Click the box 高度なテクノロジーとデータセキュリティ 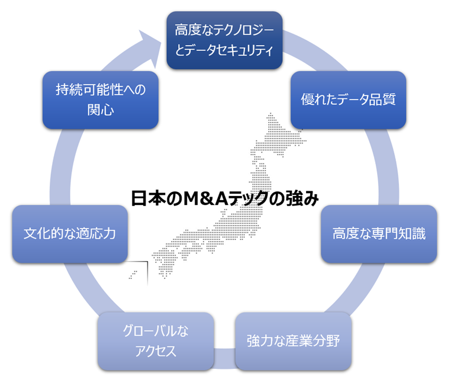pyautogui.click(x=223, y=39)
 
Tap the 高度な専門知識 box pyautogui.click(x=379, y=233)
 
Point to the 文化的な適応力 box pyautogui.click(x=69, y=233)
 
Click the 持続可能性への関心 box pyautogui.click(x=100, y=99)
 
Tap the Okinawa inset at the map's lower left pyautogui.click(x=134, y=273)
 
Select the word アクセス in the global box pyautogui.click(x=156, y=351)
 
